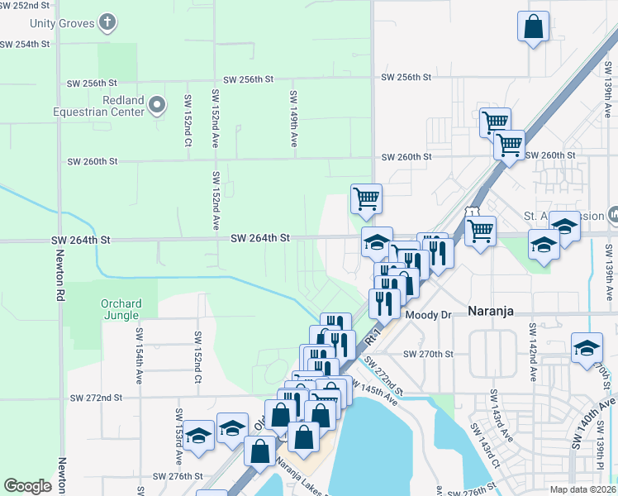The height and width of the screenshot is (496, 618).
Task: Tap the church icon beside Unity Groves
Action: click(x=107, y=22)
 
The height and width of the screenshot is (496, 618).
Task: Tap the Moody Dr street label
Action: click(x=428, y=315)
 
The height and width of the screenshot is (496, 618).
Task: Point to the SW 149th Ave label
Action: click(x=293, y=119)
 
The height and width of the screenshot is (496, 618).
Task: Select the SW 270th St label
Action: click(x=428, y=354)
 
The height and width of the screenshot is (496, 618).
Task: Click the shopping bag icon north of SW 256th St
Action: click(x=534, y=26)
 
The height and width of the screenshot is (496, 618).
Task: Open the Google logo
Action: click(x=27, y=486)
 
